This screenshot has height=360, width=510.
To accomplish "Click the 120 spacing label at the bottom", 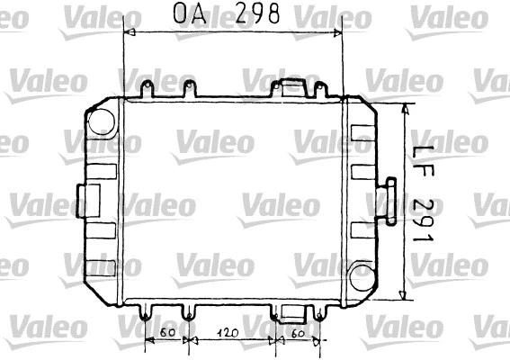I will (230, 333).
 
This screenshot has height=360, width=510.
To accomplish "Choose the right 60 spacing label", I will (298, 333).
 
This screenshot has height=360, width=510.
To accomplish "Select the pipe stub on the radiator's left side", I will (90, 197).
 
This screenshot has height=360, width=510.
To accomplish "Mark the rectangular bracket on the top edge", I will (292, 87).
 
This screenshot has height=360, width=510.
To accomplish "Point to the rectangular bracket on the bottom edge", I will (292, 311).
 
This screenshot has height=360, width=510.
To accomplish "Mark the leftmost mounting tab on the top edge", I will (147, 89).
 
